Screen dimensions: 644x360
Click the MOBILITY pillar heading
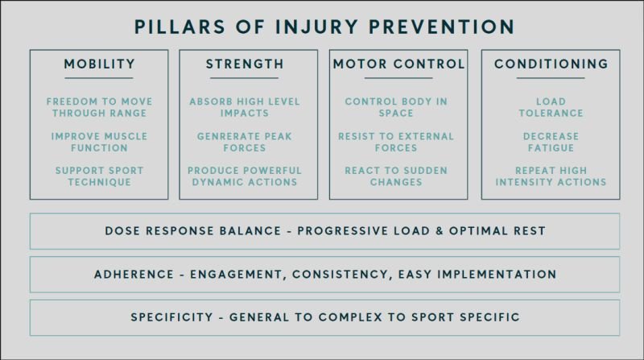(99, 64)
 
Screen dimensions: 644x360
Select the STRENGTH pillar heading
(245, 64)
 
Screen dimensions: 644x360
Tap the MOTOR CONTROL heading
(398, 64)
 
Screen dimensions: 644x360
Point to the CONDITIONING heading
(551, 64)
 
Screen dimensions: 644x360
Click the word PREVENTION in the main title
(441, 27)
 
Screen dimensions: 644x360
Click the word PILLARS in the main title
(180, 27)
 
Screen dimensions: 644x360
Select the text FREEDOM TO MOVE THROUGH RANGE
(99, 107)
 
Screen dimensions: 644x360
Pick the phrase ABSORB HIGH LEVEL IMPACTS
(245, 107)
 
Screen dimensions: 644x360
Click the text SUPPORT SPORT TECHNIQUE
(99, 176)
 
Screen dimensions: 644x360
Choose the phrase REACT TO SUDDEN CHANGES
(396, 176)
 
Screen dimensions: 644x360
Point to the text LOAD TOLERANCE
(551, 107)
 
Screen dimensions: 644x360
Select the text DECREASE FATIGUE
(551, 143)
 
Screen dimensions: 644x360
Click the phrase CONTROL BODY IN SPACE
(396, 107)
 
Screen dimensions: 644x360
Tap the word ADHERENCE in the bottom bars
(134, 275)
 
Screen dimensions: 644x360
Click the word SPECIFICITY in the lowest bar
(172, 317)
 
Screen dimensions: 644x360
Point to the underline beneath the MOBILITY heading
(99, 77)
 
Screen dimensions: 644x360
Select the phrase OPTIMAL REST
(497, 231)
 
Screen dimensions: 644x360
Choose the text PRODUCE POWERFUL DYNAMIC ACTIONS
(245, 176)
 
